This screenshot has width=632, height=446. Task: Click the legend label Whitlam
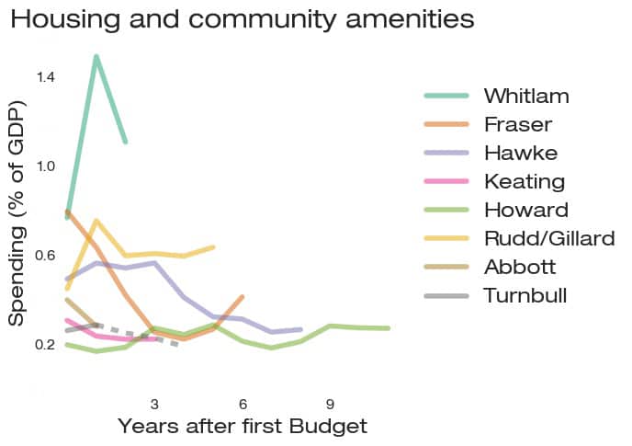pyautogui.click(x=526, y=96)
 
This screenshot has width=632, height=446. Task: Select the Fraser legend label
pyautogui.click(x=518, y=124)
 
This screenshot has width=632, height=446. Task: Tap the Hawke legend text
pyautogui.click(x=520, y=153)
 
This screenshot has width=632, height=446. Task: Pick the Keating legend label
pyautogui.click(x=524, y=181)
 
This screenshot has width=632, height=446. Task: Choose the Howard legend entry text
pyautogui.click(x=525, y=210)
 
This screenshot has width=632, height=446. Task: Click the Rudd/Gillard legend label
pyautogui.click(x=548, y=238)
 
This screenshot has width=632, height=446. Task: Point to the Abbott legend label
pyautogui.click(x=520, y=267)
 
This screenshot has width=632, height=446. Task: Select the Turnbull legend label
pyautogui.click(x=525, y=295)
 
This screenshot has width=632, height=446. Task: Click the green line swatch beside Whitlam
pyautogui.click(x=446, y=96)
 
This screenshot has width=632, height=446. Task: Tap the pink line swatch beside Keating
pyautogui.click(x=446, y=181)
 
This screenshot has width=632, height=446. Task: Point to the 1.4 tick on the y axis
pyautogui.click(x=46, y=76)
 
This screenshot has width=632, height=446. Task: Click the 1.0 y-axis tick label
pyautogui.click(x=46, y=166)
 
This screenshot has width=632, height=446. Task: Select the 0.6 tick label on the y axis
pyautogui.click(x=46, y=256)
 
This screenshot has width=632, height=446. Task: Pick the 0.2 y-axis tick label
pyautogui.click(x=46, y=345)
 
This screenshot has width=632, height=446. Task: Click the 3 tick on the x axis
pyautogui.click(x=154, y=405)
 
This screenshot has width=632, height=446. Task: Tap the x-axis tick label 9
pyautogui.click(x=330, y=405)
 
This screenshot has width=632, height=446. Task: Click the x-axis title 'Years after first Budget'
pyautogui.click(x=243, y=427)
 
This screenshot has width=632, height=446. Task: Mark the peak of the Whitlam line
pyautogui.click(x=96, y=57)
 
